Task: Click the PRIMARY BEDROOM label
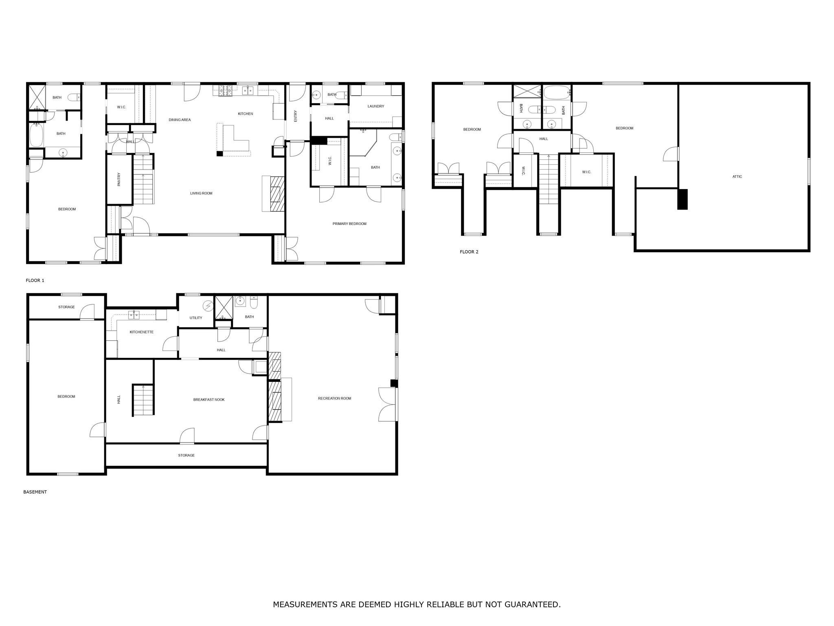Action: pos(349,224)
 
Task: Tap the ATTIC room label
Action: pos(737,176)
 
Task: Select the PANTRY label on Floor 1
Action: pos(119,179)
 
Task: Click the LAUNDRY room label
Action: pos(375,106)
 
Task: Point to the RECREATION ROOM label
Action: pos(334,398)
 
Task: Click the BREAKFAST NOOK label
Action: pos(208,400)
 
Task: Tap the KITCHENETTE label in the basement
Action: pos(141,332)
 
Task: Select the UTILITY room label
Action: pos(195,318)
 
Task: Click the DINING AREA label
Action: pos(180,120)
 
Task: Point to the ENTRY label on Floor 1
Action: pos(296,116)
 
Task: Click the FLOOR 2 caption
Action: pos(469,252)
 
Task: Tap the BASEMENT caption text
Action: pos(35,492)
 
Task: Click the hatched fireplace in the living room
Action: pos(278,194)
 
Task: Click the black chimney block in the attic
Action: pos(682,199)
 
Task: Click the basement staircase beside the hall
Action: pos(143,400)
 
